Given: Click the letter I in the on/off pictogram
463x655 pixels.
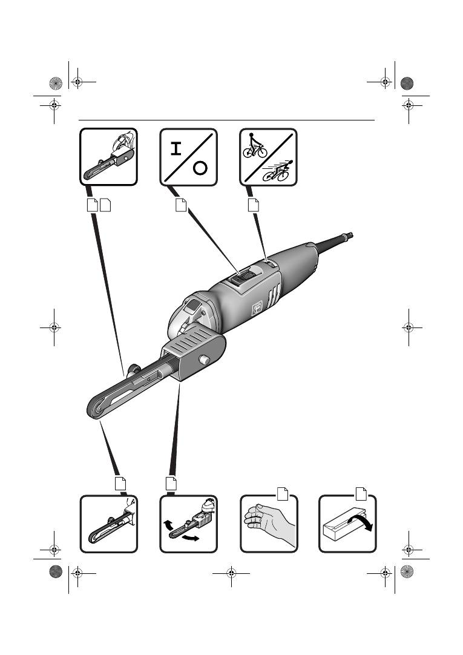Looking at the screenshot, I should pyautogui.click(x=176, y=149).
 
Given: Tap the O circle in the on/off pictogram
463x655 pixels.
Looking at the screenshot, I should pyautogui.click(x=201, y=168).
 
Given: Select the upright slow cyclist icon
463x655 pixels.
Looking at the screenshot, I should pyautogui.click(x=255, y=145).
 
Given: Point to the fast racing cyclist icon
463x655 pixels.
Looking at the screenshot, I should pyautogui.click(x=278, y=171).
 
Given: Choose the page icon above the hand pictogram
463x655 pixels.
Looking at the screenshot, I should pyautogui.click(x=281, y=493).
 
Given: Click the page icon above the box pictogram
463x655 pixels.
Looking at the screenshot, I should pyautogui.click(x=361, y=493).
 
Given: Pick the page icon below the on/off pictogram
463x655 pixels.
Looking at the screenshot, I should pyautogui.click(x=180, y=205).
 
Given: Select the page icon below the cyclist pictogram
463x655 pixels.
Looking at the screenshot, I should pyautogui.click(x=254, y=205).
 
